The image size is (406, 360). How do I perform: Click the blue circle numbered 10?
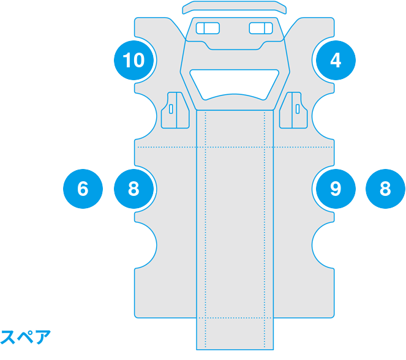click(134, 60)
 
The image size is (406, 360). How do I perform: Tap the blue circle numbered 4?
click(336, 60)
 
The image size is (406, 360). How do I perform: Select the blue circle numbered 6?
click(83, 189)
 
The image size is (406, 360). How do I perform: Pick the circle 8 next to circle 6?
click(134, 189)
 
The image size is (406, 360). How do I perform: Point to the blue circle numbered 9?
click(336, 189)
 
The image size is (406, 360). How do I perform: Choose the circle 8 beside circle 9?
click(385, 189)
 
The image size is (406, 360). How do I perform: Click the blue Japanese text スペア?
click(25, 337)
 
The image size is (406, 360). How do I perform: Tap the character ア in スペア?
click(43, 337)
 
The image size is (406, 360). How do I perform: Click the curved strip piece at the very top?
click(235, 7)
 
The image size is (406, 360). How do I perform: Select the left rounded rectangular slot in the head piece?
click(208, 28)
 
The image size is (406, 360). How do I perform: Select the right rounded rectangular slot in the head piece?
click(261, 28)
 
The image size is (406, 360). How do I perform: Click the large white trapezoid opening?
click(235, 84)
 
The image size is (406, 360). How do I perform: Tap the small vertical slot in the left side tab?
click(171, 109)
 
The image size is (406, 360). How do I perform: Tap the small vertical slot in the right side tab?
click(298, 109)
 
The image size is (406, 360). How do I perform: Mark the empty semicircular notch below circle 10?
click(146, 116)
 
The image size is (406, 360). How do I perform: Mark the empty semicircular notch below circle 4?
click(323, 116)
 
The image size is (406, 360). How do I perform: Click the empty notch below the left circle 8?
click(146, 245)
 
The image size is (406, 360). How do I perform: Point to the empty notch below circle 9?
click(323, 245)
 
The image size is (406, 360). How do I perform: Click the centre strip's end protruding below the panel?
click(235, 334)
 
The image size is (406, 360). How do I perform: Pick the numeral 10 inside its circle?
click(133, 60)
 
